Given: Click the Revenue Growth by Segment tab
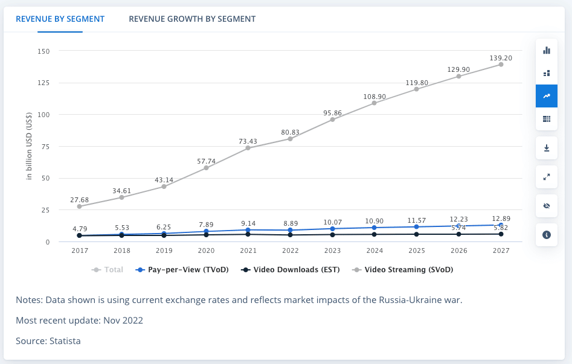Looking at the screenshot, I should tap(192, 19).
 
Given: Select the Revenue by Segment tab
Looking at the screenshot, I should tap(60, 19).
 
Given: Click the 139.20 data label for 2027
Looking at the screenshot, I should tap(501, 58).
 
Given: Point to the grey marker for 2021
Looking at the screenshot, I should tap(248, 148).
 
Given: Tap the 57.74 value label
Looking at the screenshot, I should tap(206, 161).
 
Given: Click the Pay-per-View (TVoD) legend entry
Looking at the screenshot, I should tap(182, 270).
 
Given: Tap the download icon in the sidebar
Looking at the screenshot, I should tap(547, 148).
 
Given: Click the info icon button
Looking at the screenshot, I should tap(547, 235).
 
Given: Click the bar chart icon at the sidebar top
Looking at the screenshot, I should tap(547, 50).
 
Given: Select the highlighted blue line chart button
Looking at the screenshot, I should tap(547, 96).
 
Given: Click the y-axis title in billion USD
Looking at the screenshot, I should tap(28, 147).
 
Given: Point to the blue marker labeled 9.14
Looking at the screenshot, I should tap(248, 230).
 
